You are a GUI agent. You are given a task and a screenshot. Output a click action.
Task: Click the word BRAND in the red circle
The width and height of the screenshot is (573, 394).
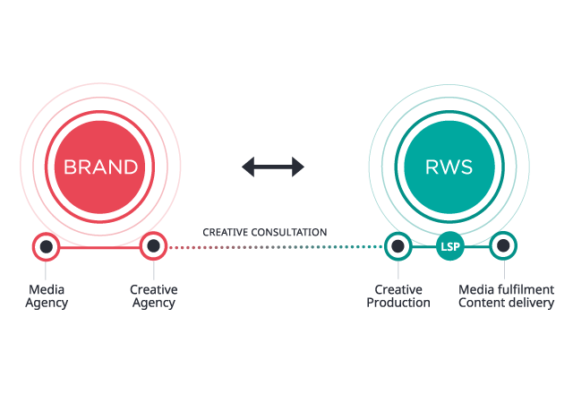pos(100,167)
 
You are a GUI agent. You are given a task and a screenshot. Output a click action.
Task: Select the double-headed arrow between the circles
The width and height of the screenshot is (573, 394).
pos(273,167)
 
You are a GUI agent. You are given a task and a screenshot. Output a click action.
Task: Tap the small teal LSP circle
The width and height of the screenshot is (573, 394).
pos(450,246)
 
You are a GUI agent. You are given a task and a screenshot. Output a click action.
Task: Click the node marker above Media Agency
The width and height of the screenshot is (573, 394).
pos(46,246)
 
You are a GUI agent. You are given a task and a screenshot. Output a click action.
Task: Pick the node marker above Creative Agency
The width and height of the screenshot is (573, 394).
pos(154,245)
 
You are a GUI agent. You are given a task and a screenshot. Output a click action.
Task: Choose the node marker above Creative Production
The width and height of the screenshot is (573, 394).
pos(398,245)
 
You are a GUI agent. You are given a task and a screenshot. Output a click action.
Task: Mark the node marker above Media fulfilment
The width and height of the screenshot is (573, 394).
pos(503,245)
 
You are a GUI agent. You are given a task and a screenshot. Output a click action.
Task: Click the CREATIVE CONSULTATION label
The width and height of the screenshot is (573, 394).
pos(265,233)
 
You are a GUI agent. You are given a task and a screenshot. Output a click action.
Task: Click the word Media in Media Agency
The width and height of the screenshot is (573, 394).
pos(47,289)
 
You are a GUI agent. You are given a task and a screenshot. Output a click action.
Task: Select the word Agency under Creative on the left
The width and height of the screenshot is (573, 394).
pos(154,303)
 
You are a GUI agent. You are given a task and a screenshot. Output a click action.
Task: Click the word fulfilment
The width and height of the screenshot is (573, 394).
pos(525,289)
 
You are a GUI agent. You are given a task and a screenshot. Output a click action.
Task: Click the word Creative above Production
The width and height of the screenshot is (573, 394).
pos(398,289)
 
